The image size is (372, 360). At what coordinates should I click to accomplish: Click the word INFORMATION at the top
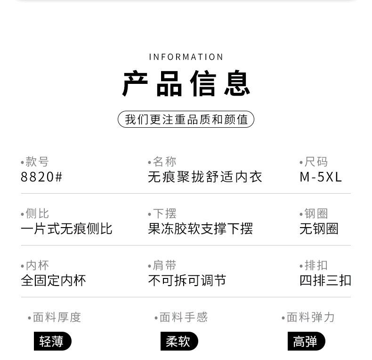pos(186,57)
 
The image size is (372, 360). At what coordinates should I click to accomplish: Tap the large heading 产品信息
pos(186,84)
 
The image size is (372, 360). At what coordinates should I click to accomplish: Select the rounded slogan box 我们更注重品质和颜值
pos(186,119)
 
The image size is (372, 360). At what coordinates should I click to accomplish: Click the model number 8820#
pos(41,177)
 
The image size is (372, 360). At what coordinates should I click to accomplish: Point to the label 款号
pos(37,162)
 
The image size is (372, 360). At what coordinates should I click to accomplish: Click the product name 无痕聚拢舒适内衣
pos(205,177)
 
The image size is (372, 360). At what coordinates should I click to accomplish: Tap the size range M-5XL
pos(321,177)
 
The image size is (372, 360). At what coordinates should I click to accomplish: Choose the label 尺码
pos(315,162)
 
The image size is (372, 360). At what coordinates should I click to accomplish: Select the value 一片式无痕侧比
pos(66,229)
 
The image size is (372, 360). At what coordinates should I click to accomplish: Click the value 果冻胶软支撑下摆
pos(200,229)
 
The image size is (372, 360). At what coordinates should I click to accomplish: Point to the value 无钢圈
pos(319,229)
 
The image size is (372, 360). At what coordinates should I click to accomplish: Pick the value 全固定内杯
pos(53,280)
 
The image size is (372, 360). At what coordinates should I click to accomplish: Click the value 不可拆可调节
pos(187,280)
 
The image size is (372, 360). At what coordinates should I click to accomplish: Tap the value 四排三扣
pos(325,280)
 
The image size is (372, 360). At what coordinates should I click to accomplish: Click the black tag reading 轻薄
pos(52,341)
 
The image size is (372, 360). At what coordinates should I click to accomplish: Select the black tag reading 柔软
pos(179,341)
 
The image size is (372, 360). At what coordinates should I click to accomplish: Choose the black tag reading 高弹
pos(306,341)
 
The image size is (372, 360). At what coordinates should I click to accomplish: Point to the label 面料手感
pos(183,317)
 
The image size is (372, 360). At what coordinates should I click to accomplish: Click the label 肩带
pos(164,265)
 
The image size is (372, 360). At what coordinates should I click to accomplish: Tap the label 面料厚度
pos(57,317)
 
